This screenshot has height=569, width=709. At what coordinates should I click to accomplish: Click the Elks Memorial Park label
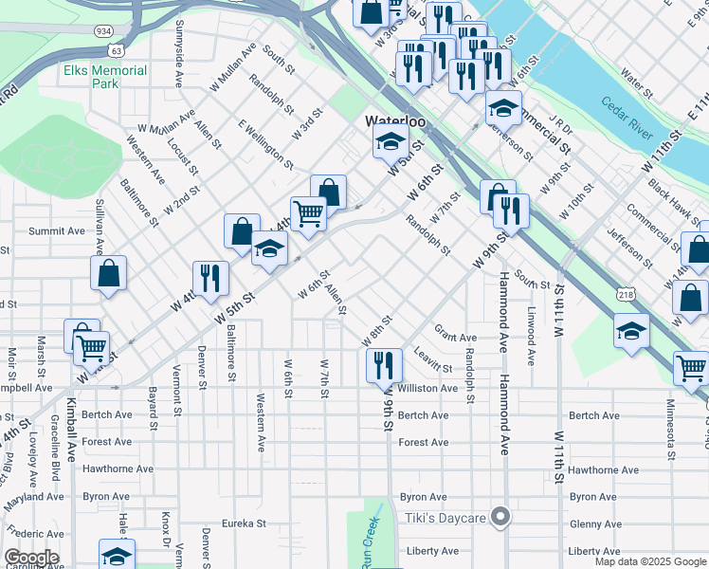coord(105,77)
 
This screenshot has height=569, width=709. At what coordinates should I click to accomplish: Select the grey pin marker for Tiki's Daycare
coord(501,518)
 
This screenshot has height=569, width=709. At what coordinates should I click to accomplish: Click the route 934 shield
coord(102,31)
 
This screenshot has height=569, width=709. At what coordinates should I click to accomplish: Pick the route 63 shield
coord(117,49)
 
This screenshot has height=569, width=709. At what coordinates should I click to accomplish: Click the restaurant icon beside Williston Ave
coord(384,365)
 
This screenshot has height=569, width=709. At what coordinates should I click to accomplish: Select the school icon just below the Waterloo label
coord(390,142)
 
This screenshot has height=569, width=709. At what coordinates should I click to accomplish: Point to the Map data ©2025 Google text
coord(650,561)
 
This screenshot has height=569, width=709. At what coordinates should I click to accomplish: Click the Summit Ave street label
coord(57,230)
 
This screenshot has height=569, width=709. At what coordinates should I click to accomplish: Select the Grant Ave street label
coord(455,338)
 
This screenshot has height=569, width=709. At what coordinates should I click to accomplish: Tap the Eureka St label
coord(241,523)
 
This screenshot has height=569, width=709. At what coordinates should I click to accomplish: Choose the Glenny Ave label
coord(596,523)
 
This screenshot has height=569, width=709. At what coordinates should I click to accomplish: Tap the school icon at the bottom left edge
coord(117,554)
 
